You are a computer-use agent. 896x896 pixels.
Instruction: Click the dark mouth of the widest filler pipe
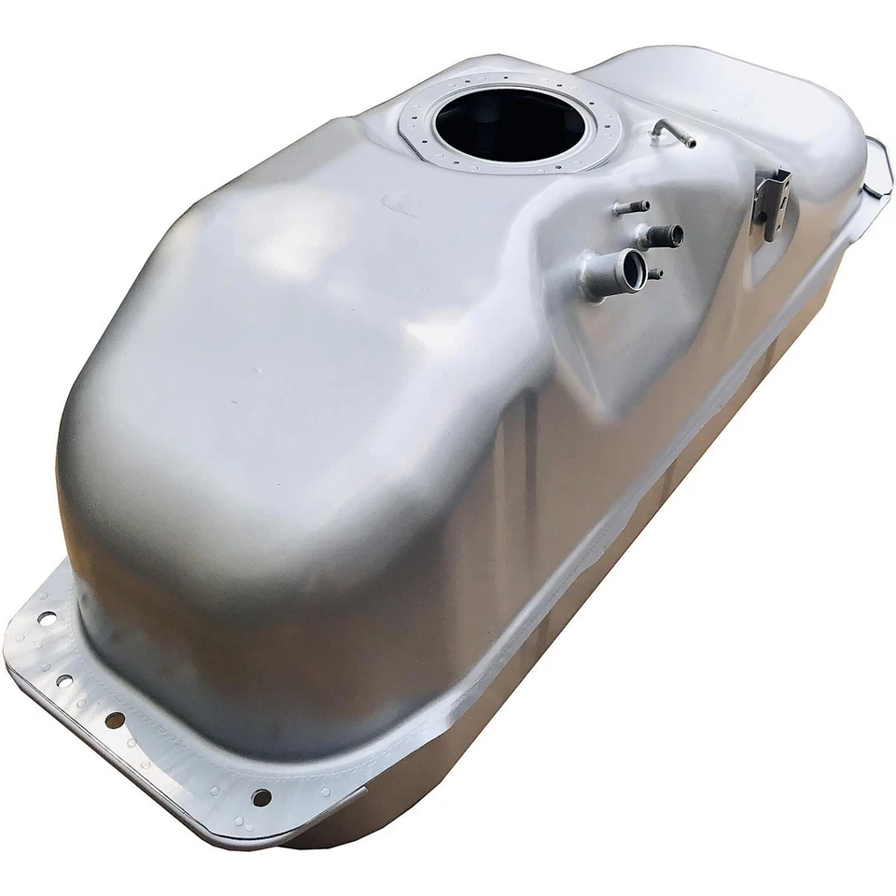click(x=636, y=267)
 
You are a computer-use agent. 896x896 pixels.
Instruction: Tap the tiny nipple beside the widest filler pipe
click(x=656, y=274)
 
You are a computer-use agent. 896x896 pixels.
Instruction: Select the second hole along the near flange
click(x=64, y=680)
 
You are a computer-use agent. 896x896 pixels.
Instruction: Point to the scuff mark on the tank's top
click(x=398, y=198)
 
